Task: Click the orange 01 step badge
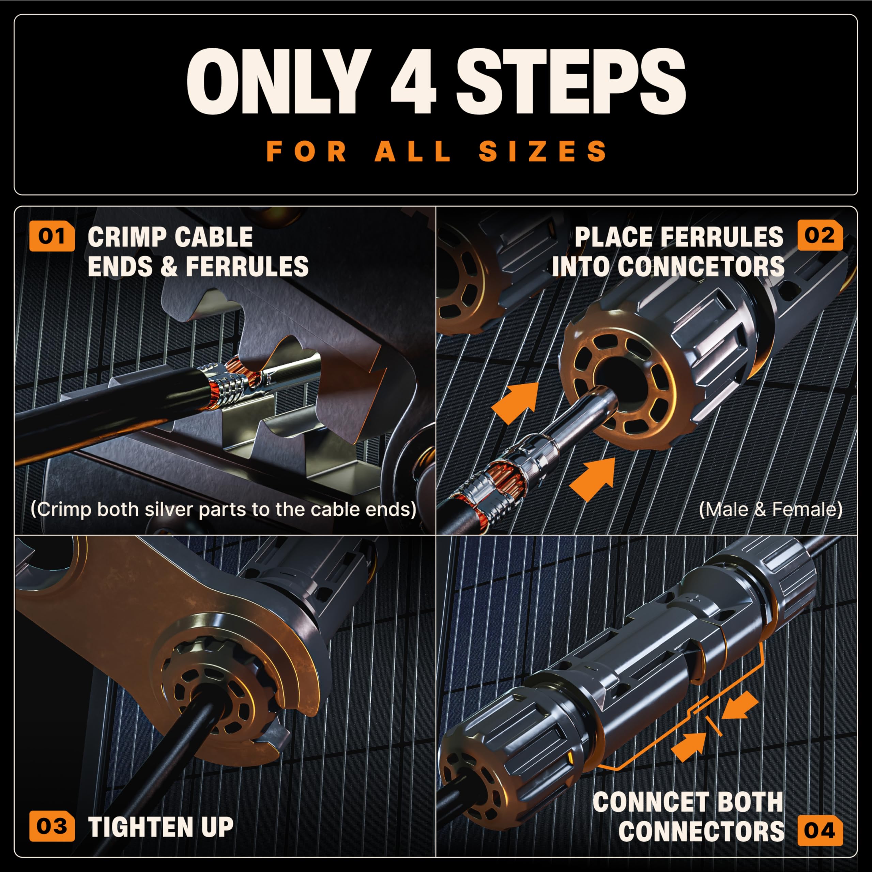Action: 52,236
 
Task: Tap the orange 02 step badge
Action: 820,236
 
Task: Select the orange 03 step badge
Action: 52,826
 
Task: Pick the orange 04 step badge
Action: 820,830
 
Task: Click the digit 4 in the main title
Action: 413,81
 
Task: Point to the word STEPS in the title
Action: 571,81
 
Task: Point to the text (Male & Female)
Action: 770,509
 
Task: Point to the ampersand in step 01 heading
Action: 168,266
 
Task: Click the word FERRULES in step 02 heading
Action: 679,237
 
